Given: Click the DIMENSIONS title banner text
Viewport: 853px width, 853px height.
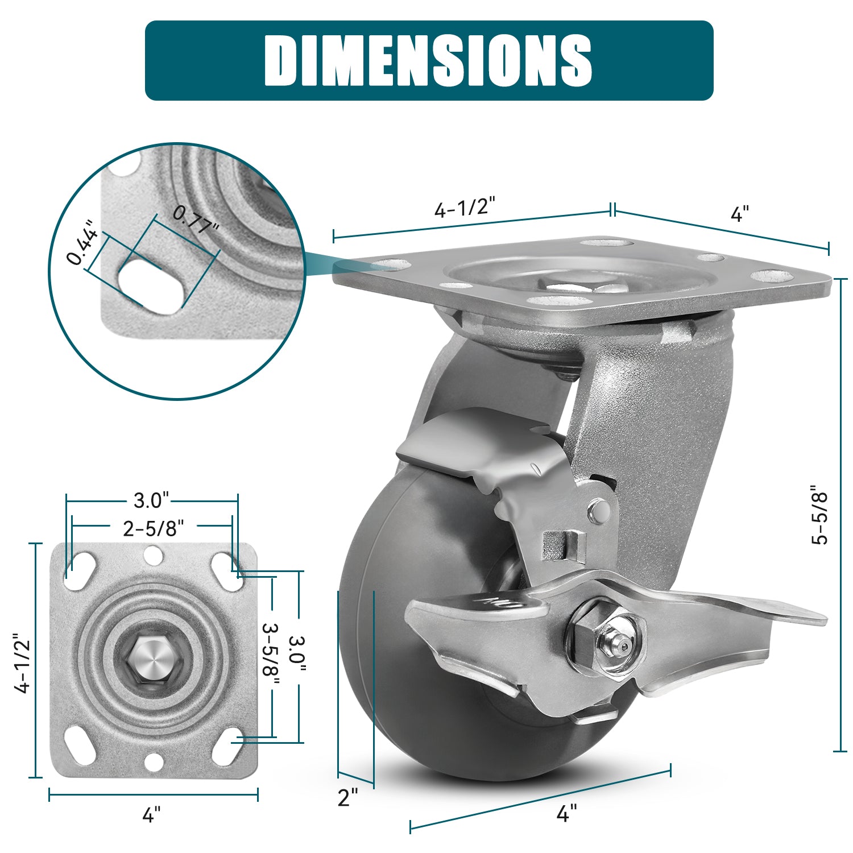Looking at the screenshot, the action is [x=428, y=60].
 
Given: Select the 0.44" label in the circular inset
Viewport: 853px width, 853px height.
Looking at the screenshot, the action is [x=83, y=243].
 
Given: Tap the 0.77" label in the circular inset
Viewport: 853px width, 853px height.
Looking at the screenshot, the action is [x=196, y=221].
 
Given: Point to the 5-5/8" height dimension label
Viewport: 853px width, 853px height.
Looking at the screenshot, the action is [x=820, y=515].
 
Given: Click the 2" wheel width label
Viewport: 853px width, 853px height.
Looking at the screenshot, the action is [x=348, y=797].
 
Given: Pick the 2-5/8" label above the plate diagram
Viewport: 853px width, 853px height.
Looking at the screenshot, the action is [x=154, y=529].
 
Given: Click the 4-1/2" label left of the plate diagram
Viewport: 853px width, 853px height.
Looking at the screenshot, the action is [x=24, y=663].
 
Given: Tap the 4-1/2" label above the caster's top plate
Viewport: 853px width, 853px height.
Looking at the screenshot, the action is [x=465, y=208].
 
